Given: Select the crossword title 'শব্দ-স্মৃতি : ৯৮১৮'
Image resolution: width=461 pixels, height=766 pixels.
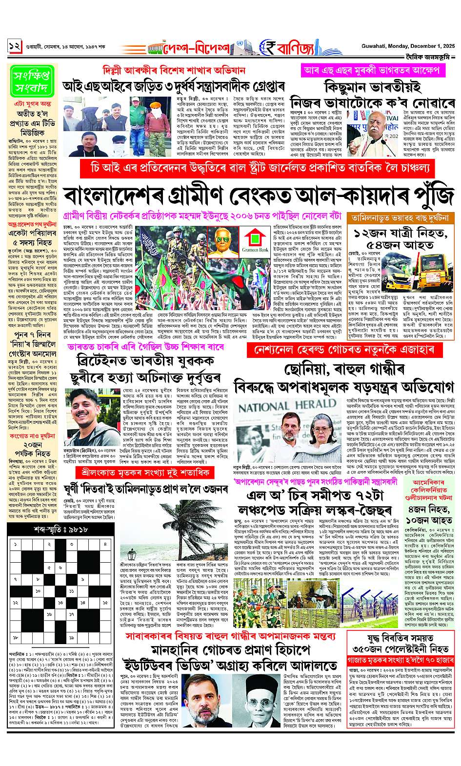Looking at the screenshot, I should click(x=56, y=530).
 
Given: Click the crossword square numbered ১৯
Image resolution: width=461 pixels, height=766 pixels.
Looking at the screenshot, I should click(x=71, y=637).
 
